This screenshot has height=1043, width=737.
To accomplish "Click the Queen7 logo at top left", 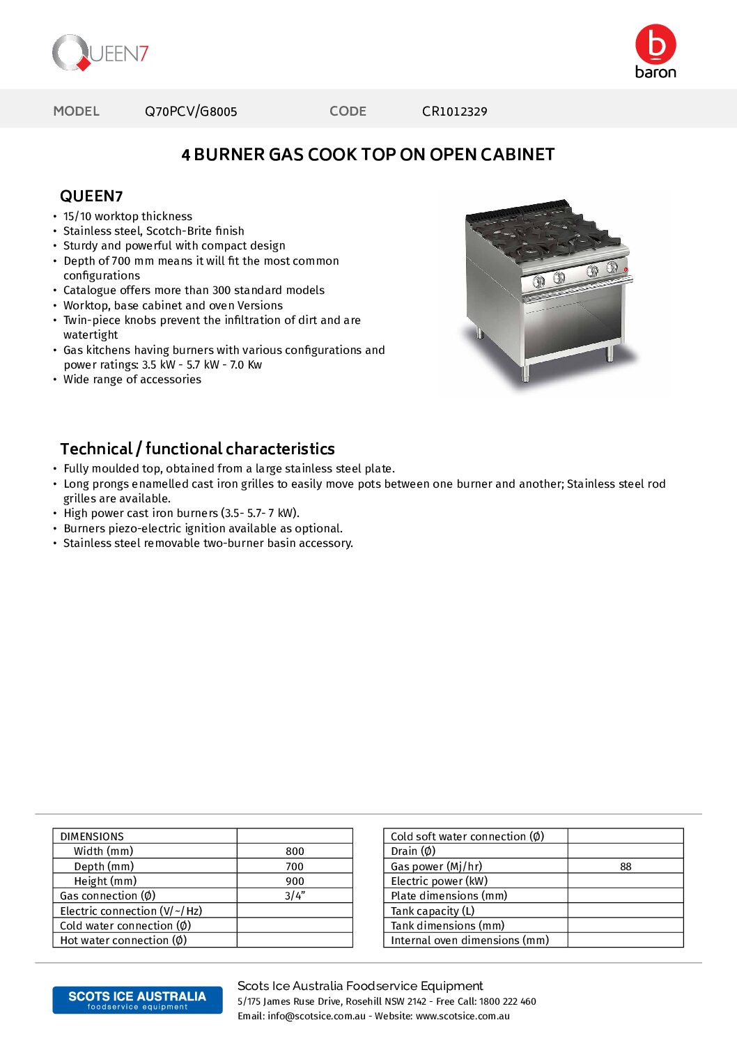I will (100, 53).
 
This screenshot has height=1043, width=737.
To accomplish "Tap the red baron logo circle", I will (655, 45).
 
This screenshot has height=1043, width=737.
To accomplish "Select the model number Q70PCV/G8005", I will (191, 111).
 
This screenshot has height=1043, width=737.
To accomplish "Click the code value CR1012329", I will (454, 111).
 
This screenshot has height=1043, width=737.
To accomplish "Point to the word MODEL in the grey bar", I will (77, 111).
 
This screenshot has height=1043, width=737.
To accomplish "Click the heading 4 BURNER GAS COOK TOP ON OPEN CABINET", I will (368, 155).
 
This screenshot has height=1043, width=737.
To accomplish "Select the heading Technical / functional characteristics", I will (197, 449).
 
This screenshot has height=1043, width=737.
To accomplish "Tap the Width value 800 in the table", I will (295, 851).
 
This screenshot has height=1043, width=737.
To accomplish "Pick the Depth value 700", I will (295, 867).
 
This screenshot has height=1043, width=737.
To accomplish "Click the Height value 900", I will (295, 881).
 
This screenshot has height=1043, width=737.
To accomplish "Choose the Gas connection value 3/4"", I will (295, 896).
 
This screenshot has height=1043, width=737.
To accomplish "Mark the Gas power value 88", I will (626, 867).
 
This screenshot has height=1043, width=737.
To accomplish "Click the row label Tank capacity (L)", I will (433, 911).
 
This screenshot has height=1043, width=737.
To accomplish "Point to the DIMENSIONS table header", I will (92, 837).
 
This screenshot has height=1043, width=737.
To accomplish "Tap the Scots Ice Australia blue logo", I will (137, 1000).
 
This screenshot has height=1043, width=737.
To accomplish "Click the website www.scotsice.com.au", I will (463, 1016).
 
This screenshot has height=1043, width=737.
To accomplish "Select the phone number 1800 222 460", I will (508, 1001).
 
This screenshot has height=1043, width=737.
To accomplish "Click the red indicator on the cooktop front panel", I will (626, 270).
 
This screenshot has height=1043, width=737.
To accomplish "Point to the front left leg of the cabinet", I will (525, 372).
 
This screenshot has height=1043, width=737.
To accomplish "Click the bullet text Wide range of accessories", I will (132, 380).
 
